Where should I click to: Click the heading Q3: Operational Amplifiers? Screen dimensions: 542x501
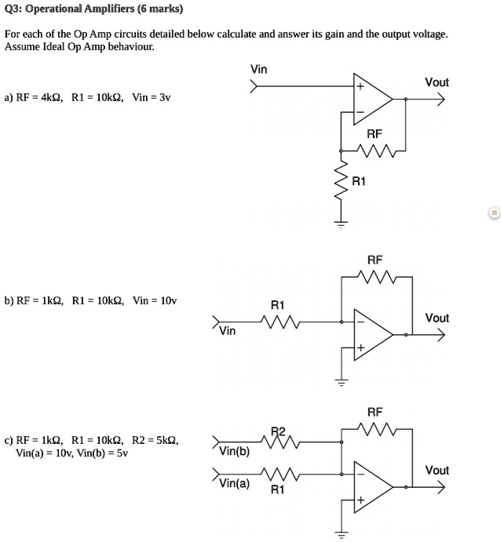coord(93,10)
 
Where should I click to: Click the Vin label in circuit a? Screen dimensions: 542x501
coord(258,70)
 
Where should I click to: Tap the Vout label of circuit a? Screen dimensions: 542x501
coord(437,82)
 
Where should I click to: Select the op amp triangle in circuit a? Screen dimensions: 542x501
coord(371,100)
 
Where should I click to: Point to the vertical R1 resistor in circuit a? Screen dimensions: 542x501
coord(341,182)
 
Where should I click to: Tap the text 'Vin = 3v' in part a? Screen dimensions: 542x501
coord(152,98)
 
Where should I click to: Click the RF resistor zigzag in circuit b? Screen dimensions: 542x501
coord(375,275)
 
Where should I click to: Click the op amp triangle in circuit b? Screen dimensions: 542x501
coord(371,334)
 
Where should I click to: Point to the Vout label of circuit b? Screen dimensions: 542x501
coord(437,318)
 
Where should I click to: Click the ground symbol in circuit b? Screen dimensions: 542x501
coord(341,382)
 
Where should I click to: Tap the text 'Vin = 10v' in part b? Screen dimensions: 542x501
coord(155,300)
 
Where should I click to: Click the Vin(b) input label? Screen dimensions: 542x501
coord(234,451)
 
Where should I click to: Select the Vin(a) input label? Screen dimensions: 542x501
coord(234,483)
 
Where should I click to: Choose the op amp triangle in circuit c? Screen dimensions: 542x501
coord(371,486)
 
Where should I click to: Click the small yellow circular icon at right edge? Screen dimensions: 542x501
coord(494,213)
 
